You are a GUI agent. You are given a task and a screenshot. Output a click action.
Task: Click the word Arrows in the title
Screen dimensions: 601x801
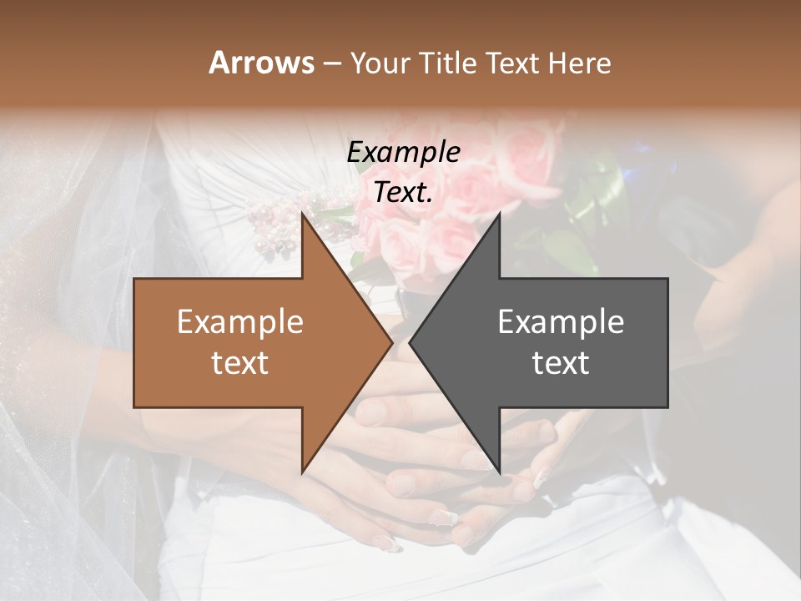[260, 63]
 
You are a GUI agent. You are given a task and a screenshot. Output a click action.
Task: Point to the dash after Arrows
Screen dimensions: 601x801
[332, 64]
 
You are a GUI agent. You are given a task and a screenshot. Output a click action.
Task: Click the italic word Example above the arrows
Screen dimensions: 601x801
[403, 152]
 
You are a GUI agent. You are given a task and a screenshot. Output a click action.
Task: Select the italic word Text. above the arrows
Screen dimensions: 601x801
[403, 192]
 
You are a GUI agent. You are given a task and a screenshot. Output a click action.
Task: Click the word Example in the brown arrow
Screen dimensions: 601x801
[240, 322]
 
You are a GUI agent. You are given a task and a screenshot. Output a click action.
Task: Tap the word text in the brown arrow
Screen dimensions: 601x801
[240, 363]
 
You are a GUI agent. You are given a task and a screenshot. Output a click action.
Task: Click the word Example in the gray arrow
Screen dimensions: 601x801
[561, 322]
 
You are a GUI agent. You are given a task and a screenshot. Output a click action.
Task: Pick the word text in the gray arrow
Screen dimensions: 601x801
[561, 363]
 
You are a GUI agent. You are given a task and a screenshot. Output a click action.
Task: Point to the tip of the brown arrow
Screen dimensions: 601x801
[390, 342]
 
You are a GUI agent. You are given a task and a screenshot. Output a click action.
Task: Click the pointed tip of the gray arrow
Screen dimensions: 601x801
[411, 342]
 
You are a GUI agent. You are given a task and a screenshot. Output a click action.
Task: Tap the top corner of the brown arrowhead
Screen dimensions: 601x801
[302, 215]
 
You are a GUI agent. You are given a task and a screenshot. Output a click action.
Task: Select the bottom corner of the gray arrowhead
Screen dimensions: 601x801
[499, 472]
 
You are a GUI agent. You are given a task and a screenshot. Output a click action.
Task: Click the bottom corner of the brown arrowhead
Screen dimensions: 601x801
[302, 472]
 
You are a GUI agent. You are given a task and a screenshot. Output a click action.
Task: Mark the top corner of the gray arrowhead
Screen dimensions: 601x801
[499, 215]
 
